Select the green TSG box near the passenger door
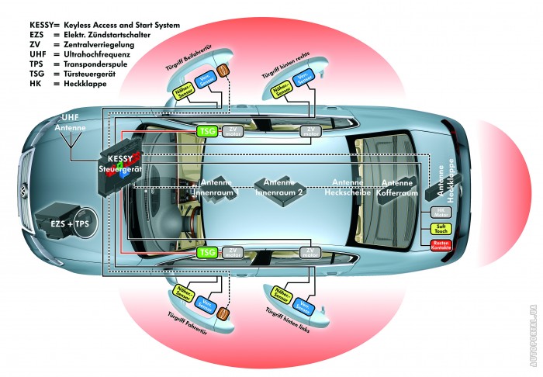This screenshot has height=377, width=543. (206, 131)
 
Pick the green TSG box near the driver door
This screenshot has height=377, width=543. (206, 252)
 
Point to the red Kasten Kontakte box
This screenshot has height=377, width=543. (440, 244)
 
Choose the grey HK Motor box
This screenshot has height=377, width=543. (438, 211)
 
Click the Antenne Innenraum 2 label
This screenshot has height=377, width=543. (282, 186)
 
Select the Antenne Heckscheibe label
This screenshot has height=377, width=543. (343, 186)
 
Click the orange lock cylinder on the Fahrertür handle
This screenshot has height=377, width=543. (223, 314)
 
